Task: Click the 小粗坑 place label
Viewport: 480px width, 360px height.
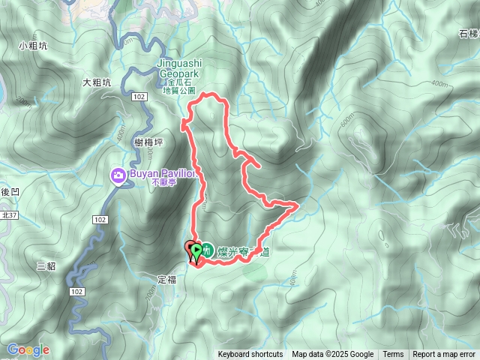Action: [33, 46]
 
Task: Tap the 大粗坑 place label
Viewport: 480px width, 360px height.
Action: [97, 82]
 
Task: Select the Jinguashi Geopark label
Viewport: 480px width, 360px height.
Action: [178, 69]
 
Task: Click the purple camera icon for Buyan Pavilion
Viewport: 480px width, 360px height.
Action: [118, 175]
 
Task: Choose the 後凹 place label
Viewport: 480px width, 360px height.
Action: [9, 193]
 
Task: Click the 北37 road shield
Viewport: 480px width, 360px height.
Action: [9, 216]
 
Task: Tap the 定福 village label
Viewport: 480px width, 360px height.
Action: [166, 279]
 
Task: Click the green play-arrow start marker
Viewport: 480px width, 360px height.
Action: [197, 250]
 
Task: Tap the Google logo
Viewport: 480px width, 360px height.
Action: [28, 349]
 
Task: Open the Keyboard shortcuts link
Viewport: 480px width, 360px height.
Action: [250, 355]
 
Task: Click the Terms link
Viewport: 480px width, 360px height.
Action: [393, 355]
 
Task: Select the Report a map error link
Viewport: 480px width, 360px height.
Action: [444, 355]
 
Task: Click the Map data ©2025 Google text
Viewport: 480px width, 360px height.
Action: [332, 355]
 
